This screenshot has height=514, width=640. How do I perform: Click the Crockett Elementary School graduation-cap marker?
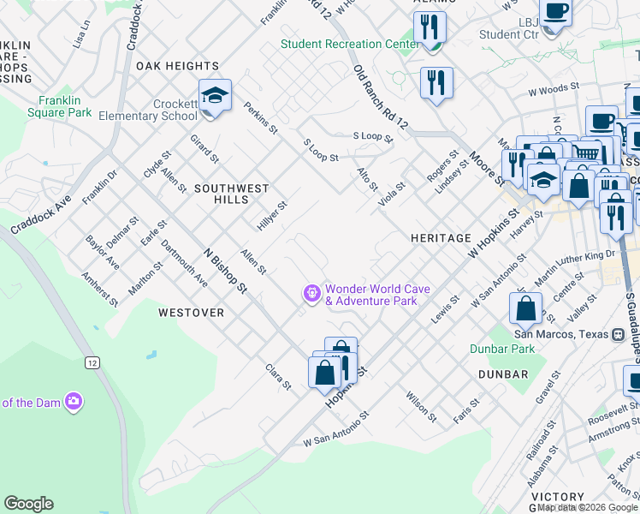click(215, 95)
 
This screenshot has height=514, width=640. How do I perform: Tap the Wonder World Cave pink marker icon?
click(312, 294)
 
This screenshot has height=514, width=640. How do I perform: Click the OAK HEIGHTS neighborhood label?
click(177, 66)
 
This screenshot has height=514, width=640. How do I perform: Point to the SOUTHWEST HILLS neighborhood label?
click(231, 194)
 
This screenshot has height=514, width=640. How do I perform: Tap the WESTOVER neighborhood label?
click(191, 313)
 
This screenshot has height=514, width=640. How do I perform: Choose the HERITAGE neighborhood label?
click(441, 238)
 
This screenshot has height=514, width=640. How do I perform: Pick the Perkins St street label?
click(260, 118)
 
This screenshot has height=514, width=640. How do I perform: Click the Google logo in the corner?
click(28, 504)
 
